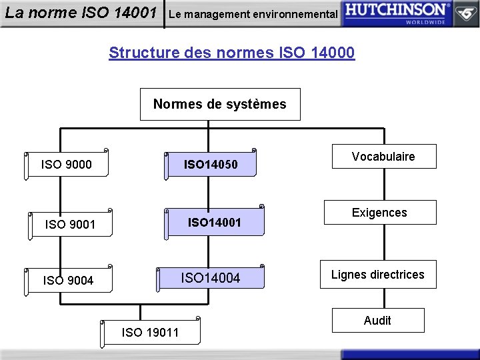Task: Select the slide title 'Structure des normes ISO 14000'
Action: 231,52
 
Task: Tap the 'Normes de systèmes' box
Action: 220,104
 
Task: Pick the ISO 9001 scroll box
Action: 71,225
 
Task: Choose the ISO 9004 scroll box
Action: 69,281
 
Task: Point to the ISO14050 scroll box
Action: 211,164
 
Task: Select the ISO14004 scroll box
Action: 211,278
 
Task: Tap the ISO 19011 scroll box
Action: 151,332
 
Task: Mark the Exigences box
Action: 379,213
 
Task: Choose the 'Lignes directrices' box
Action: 378,275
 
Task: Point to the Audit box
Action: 377,321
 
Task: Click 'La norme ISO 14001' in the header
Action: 81,13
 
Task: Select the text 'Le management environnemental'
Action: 253,14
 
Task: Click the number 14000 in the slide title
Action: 333,52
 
